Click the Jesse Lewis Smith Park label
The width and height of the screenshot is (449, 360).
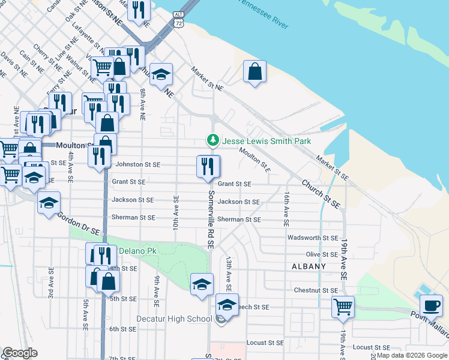267,141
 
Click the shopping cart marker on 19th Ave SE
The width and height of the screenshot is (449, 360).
343,306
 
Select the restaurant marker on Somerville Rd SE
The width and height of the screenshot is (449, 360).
208,166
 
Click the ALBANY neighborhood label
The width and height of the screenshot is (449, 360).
309,266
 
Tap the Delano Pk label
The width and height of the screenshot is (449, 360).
137,250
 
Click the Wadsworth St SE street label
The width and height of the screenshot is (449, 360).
313,238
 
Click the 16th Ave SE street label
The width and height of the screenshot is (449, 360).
287,209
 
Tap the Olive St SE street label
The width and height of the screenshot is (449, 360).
322,254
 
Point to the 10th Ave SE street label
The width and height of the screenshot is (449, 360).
176,213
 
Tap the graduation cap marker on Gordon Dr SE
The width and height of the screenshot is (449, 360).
49,202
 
